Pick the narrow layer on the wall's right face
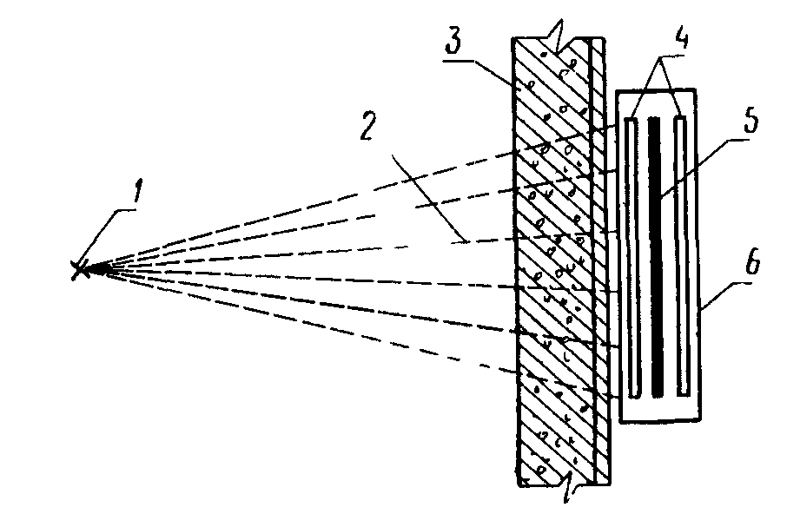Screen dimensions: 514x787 click(x=598, y=260)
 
